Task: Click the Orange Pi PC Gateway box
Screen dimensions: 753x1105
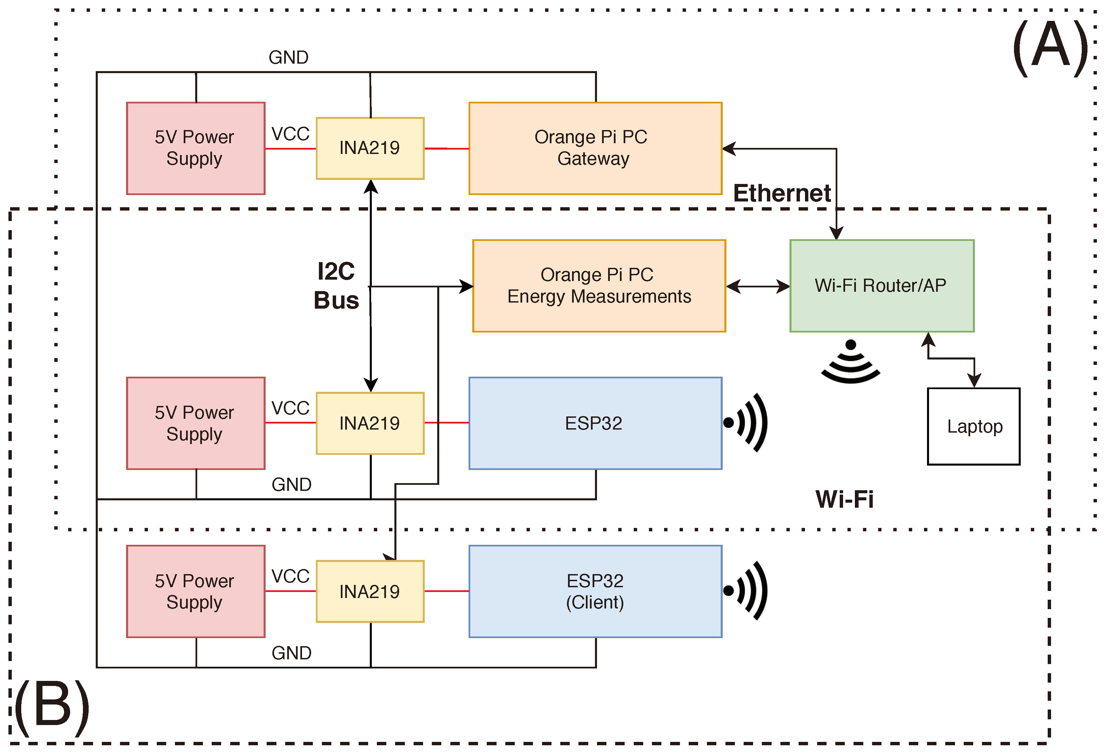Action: click(595, 148)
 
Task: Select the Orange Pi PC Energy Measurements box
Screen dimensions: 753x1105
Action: click(599, 285)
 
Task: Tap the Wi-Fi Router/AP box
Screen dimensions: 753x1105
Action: click(881, 285)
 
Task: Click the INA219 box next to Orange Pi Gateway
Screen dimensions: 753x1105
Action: click(369, 148)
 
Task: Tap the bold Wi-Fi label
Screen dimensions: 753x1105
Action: click(844, 499)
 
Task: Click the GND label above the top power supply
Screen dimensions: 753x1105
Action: click(288, 58)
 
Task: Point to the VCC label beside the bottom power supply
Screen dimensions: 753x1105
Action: click(290, 576)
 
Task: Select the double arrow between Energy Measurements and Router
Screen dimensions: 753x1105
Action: click(757, 286)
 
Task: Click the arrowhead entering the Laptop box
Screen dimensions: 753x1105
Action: click(974, 381)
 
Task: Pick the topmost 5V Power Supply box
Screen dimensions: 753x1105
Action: click(196, 148)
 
